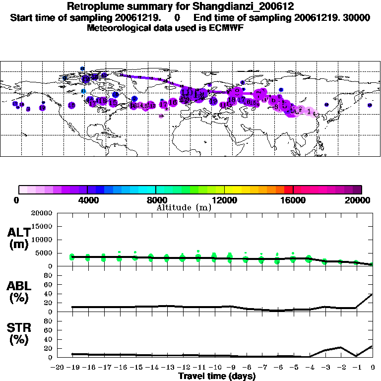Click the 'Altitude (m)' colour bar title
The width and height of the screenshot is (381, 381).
184,207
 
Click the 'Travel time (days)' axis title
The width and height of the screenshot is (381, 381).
217,377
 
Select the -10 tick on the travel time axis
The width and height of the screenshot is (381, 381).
215,368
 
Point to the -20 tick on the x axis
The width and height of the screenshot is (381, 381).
58,368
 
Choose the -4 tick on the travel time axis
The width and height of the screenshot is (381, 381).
309,368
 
